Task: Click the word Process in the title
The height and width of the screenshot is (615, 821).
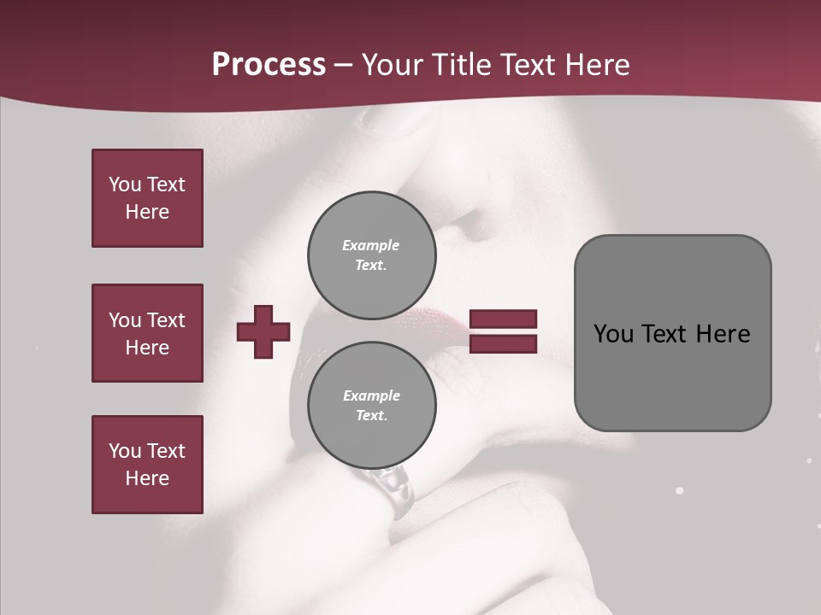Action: click(269, 65)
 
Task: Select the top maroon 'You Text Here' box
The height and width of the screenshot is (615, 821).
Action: click(147, 198)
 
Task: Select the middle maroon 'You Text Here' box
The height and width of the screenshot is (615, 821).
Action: click(147, 333)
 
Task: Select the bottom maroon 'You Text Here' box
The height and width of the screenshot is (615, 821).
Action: click(147, 465)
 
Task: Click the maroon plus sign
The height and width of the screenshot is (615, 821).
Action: click(263, 331)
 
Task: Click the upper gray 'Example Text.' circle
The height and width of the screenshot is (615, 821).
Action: click(371, 255)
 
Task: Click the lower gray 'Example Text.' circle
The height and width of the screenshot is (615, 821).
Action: click(371, 406)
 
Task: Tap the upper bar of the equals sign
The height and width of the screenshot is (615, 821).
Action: click(503, 319)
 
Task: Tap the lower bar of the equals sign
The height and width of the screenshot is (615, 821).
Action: click(503, 344)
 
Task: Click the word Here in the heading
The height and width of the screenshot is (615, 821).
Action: click(596, 65)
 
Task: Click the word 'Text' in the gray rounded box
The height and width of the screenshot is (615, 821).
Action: click(664, 334)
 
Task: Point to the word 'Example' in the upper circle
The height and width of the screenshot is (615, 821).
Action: click(371, 245)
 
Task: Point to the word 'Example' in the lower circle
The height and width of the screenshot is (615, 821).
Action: click(371, 395)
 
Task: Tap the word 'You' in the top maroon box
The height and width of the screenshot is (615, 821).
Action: click(124, 184)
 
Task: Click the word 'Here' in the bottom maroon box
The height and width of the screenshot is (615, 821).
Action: click(147, 478)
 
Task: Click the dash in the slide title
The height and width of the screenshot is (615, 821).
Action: click(344, 67)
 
